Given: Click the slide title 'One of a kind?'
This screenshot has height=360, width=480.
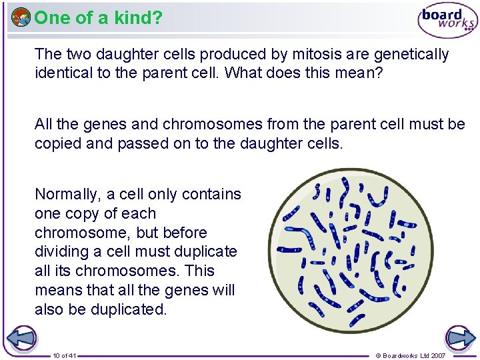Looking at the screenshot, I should [x=98, y=18].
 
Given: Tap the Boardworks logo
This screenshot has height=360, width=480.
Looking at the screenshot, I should [x=447, y=21].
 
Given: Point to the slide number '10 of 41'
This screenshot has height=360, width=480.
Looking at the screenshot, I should [x=65, y=355].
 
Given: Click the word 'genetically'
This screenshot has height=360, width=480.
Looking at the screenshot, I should [x=409, y=54].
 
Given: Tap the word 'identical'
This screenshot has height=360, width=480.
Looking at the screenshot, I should [x=63, y=73].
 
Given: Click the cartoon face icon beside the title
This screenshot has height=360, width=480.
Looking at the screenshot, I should [x=21, y=17].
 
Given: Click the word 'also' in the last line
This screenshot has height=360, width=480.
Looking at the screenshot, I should [x=49, y=309].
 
